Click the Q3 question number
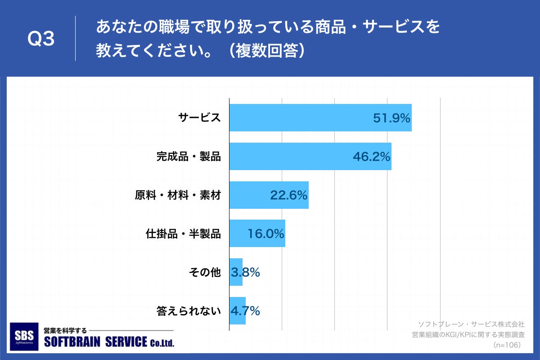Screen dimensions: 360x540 41,39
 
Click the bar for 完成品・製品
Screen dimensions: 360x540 288,157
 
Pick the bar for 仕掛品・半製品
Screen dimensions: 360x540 238,234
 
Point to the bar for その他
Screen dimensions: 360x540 236,272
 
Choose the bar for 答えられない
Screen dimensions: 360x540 237,311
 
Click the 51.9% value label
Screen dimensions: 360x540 391,118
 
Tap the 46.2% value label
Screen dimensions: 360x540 371,157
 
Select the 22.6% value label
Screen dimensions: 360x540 288,195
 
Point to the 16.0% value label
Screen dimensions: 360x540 265,234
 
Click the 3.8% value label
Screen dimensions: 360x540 246,272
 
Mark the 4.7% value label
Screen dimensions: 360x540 246,311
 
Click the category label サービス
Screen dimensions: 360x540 199,118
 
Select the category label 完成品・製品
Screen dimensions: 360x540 189,157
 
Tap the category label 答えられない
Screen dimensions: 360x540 189,311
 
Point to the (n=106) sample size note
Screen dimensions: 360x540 507,345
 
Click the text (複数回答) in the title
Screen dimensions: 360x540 267,50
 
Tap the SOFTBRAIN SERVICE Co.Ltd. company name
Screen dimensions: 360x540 108,342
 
